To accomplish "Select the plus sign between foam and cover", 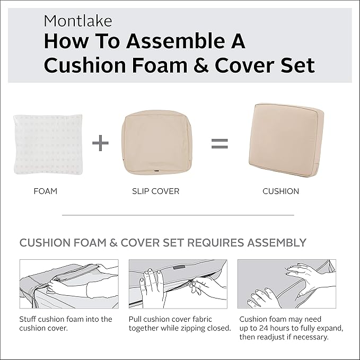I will pyautogui.click(x=100, y=143).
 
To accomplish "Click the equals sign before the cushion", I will pyautogui.click(x=219, y=143).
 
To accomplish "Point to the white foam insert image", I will pyautogui.click(x=48, y=144).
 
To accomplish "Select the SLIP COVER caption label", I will pyautogui.click(x=155, y=191).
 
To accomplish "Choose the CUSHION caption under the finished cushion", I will pyautogui.click(x=281, y=191).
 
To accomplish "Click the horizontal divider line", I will pyautogui.click(x=178, y=215).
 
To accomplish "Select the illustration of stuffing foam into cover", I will pyautogui.click(x=69, y=284).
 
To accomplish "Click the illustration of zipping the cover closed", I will pyautogui.click(x=178, y=284).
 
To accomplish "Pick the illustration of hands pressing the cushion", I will pyautogui.click(x=286, y=284).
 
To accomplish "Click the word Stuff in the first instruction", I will pyautogui.click(x=29, y=319).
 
